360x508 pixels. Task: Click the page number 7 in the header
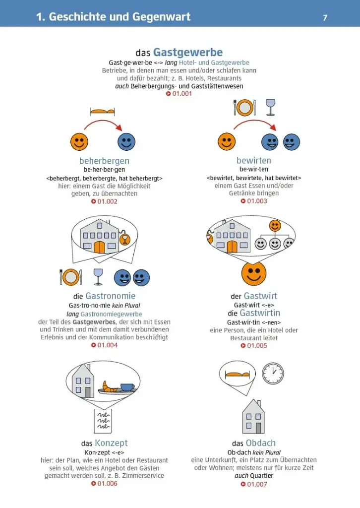coord(325,17)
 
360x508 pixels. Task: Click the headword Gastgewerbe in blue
coord(188,52)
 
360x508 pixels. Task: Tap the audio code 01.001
coord(179,94)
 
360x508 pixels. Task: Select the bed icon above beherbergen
coord(102,112)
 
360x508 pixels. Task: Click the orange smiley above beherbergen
coord(79,141)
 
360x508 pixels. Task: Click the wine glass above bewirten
coord(270,107)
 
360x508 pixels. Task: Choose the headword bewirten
coord(254,160)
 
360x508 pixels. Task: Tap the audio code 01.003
coord(254,201)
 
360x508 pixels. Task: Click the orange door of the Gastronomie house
coord(100,247)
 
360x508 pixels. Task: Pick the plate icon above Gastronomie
coord(71,277)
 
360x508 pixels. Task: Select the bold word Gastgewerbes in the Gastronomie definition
coord(94,322)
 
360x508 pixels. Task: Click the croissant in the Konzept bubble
coord(109,386)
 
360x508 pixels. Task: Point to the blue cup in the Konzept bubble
coord(127,387)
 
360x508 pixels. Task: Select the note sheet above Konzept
coord(103,421)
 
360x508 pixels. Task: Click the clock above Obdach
coord(273,374)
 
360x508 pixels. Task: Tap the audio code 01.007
coord(254,484)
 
